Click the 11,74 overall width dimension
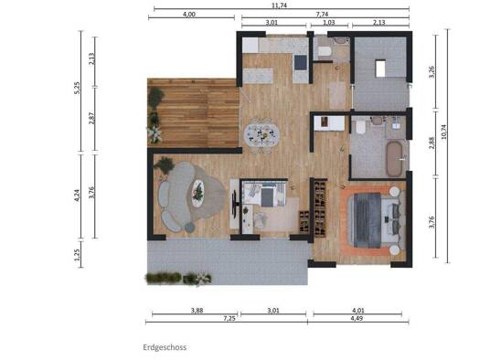click(279, 5)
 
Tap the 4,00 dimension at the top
click(189, 14)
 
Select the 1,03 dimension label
click(329, 22)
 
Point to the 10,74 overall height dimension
click(443, 132)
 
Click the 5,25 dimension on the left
click(77, 88)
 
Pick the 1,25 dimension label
click(77, 254)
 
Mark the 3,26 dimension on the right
click(432, 72)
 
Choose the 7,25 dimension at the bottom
click(229, 318)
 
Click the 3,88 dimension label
click(197, 311)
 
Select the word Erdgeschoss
click(165, 347)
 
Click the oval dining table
click(261, 134)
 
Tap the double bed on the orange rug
click(376, 220)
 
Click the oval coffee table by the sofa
click(197, 193)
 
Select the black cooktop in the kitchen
click(300, 62)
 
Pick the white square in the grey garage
click(380, 69)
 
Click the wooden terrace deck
click(193, 113)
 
